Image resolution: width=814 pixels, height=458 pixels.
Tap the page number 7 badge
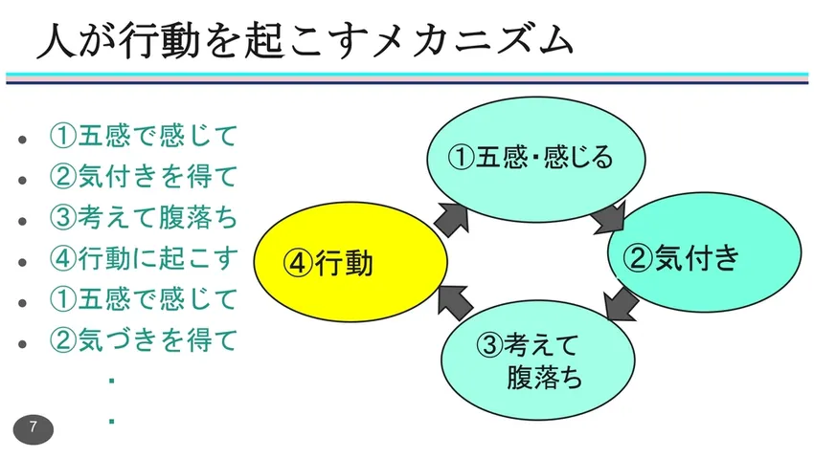[34, 427]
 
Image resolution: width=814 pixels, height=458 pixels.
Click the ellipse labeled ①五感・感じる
[531, 156]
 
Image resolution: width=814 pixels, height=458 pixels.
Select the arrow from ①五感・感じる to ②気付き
[609, 219]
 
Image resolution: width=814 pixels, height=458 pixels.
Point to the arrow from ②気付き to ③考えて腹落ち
[622, 305]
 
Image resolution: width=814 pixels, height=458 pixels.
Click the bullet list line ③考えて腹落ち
[144, 217]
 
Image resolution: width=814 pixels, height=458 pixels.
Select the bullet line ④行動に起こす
[144, 258]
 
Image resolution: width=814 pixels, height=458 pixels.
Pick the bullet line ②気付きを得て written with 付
[144, 176]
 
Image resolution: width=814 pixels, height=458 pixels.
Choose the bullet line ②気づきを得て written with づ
[144, 339]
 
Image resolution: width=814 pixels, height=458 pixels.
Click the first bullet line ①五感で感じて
[144, 136]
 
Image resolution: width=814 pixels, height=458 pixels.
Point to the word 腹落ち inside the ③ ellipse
[544, 376]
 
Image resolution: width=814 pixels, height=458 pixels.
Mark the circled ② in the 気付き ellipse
[638, 257]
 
